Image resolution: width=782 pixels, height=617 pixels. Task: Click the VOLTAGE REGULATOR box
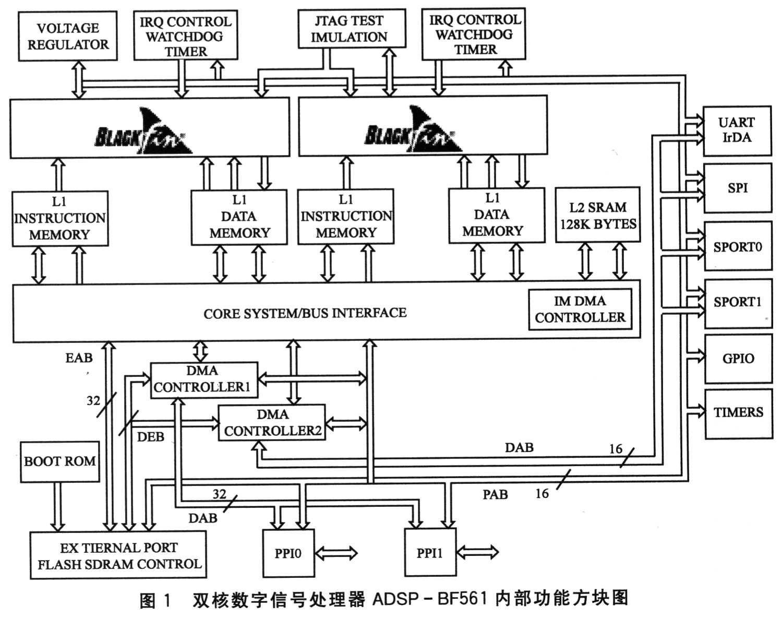[68, 36]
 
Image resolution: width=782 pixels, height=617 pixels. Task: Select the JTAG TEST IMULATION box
[352, 29]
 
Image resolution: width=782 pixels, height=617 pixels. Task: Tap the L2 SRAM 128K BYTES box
[598, 215]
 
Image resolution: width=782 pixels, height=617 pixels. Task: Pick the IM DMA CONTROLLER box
[580, 310]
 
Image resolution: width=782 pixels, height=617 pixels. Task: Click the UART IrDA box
[737, 131]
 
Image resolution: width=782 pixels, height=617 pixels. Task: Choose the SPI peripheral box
[738, 188]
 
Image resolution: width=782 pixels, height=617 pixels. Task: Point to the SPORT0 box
[738, 246]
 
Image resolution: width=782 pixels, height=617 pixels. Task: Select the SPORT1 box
[738, 304]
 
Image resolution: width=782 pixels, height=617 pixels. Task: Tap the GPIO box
[738, 359]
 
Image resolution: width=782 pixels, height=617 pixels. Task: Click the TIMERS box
[739, 414]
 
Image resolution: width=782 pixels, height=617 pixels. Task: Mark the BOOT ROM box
[60, 462]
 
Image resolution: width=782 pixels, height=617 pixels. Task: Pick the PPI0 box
[288, 553]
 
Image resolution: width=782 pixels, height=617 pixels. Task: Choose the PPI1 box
[430, 552]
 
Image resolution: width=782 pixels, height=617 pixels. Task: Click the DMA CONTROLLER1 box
[204, 380]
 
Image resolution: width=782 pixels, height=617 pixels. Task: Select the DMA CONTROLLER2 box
[272, 423]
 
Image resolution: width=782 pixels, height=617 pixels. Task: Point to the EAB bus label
[79, 358]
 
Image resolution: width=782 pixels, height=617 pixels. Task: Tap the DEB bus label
[150, 437]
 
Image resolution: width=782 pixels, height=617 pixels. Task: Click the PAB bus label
[495, 494]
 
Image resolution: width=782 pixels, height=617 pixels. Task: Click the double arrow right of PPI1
[477, 552]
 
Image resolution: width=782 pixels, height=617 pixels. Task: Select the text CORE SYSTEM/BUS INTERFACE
[305, 313]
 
